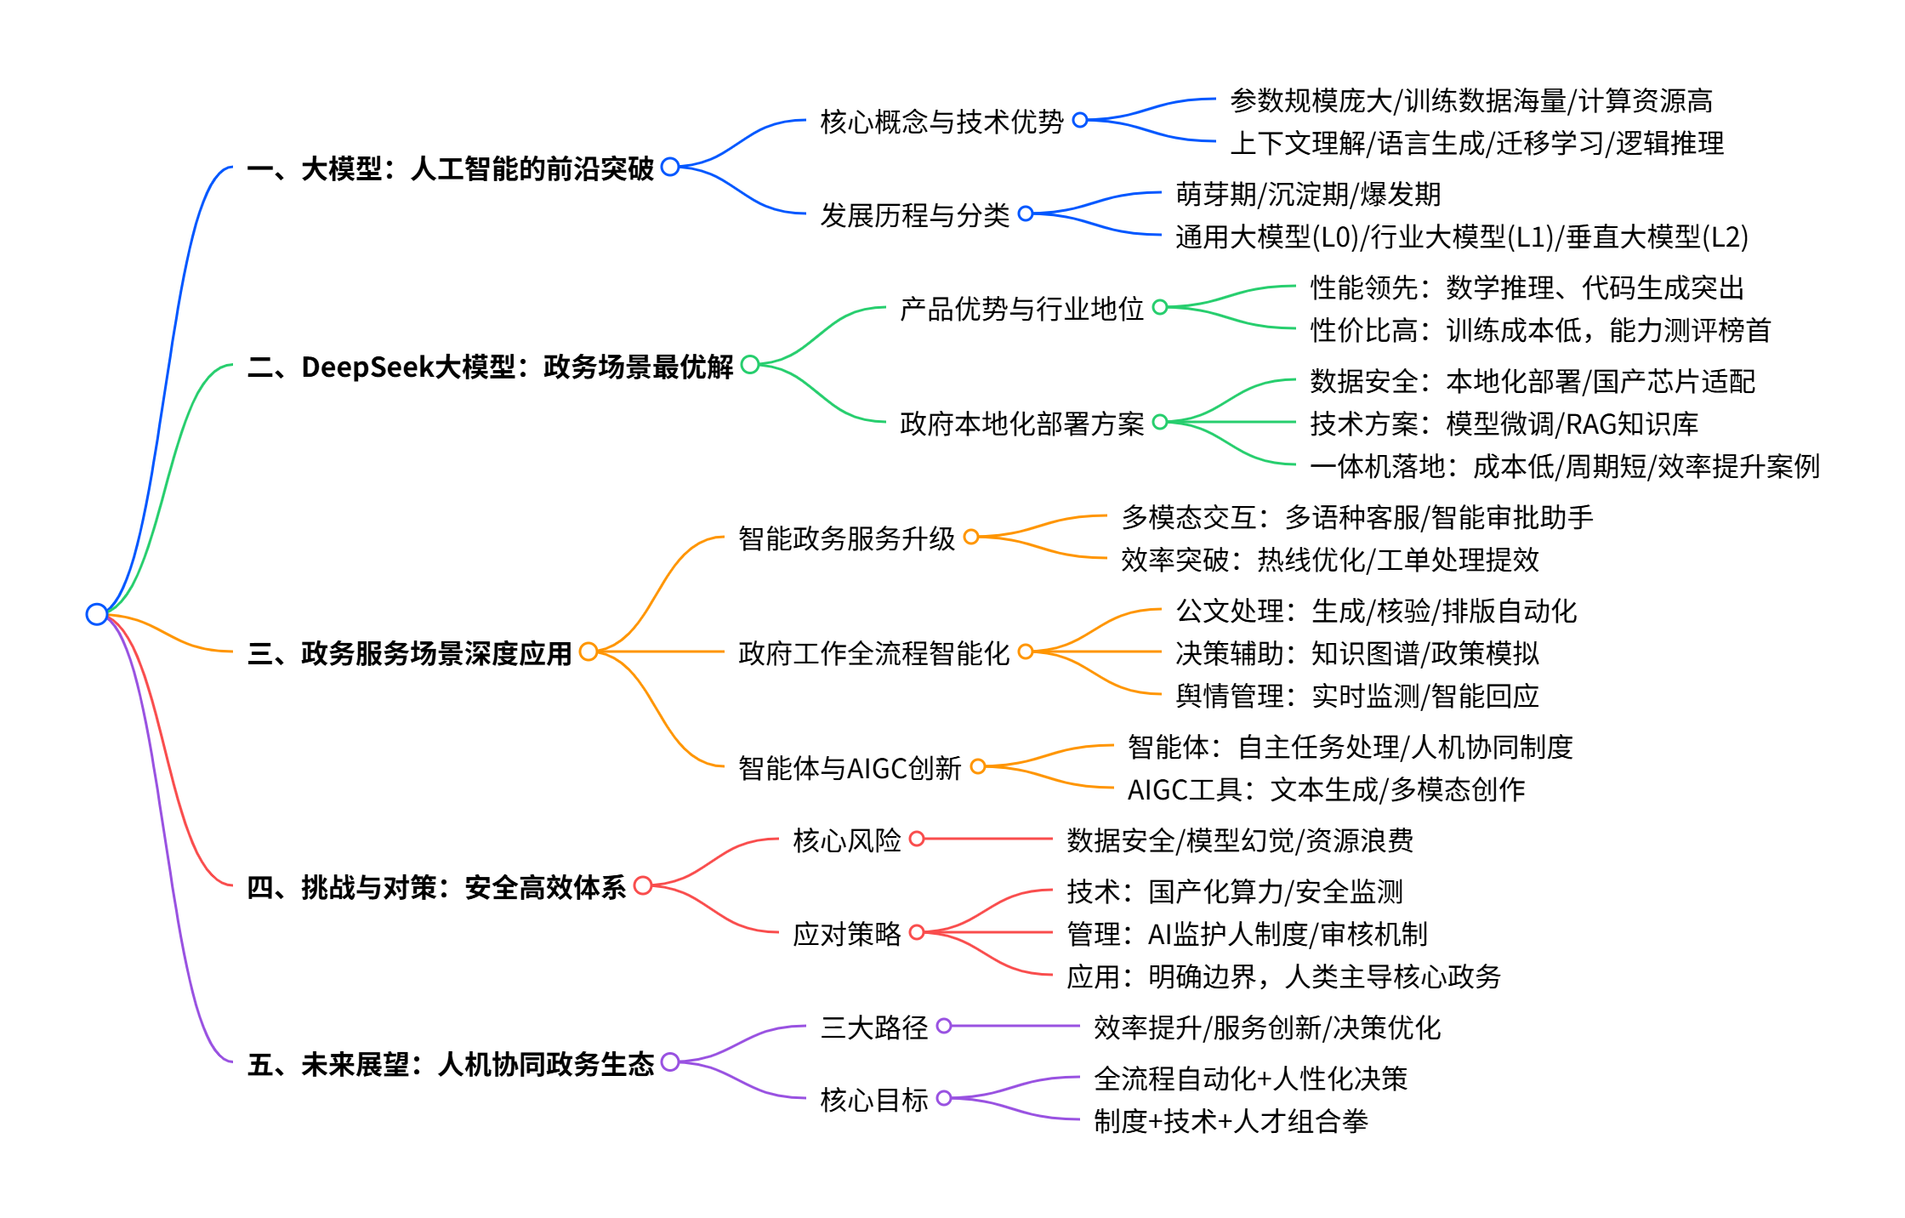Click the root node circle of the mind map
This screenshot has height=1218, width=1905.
pos(97,614)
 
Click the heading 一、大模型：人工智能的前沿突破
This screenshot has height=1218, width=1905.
pos(450,168)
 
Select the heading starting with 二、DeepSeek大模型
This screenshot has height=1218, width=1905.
pos(490,367)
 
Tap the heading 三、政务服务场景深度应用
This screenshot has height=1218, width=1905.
pos(409,653)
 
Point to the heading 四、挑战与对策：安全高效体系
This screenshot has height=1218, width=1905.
pos(436,887)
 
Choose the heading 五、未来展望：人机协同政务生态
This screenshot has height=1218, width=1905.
pos(450,1064)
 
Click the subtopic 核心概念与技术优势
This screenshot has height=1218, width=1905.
pos(941,122)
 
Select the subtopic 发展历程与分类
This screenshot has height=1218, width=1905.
pos(914,215)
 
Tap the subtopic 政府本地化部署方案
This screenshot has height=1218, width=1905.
pos(1021,423)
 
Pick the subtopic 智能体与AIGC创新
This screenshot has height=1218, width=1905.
pos(849,768)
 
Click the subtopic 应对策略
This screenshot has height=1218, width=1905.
pos(846,934)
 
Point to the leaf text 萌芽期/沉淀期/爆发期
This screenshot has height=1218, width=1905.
pos(1308,194)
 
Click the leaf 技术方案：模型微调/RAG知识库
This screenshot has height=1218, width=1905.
pos(1504,423)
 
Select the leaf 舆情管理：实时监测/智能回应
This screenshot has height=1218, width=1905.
pos(1357,696)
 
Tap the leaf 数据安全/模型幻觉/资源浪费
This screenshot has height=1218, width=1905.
pos(1240,840)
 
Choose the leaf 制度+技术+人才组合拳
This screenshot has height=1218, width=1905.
pos(1231,1121)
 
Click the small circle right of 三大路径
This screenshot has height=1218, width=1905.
pos(944,1027)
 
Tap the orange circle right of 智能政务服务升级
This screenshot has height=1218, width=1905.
pos(971,537)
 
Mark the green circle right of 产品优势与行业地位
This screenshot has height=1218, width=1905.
pos(1160,307)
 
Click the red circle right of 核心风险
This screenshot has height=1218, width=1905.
pos(917,840)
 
